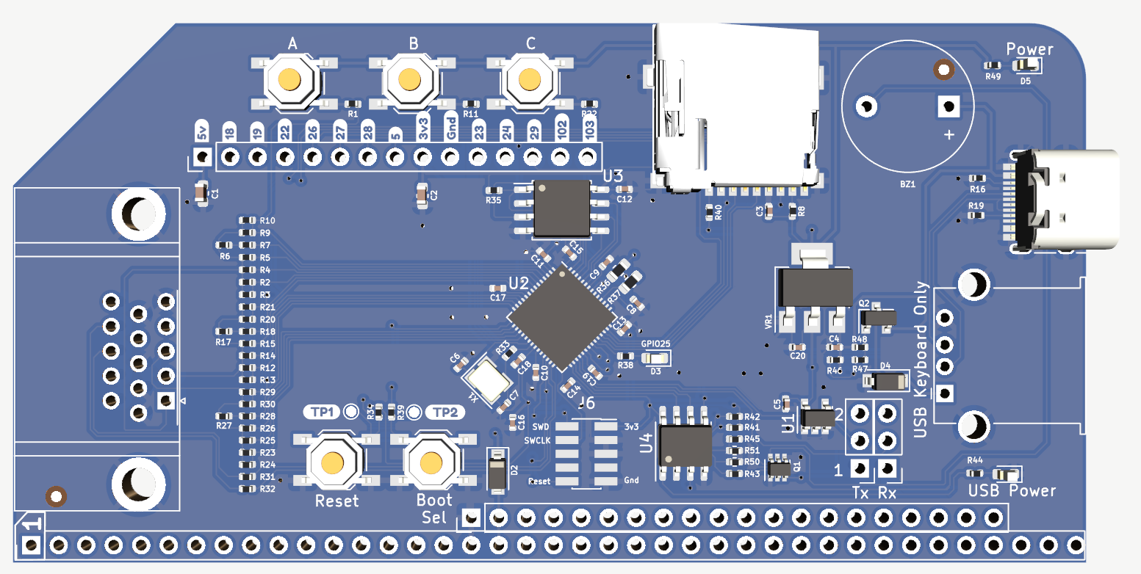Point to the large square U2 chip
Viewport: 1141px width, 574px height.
point(562,317)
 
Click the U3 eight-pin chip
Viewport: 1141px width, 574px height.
point(562,208)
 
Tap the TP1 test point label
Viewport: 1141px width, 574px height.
point(323,412)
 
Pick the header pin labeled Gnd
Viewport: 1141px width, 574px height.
point(450,156)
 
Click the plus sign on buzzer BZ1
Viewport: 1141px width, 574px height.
point(949,134)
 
